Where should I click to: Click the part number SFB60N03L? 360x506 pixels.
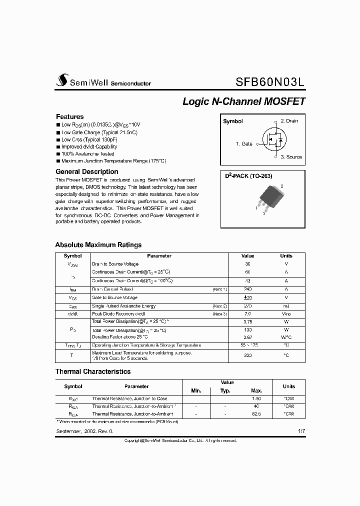point(270,81)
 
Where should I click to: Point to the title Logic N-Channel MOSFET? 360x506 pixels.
point(243,101)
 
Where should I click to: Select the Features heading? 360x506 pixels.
point(69,116)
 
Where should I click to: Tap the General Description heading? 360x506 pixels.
point(86,171)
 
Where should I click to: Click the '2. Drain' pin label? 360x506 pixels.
point(289,121)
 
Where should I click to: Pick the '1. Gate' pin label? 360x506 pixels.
point(244,143)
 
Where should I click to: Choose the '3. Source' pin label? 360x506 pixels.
point(291,157)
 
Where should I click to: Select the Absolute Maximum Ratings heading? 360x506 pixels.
point(98,245)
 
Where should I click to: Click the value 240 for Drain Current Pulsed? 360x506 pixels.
point(247,289)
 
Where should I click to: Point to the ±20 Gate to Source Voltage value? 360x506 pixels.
point(247,297)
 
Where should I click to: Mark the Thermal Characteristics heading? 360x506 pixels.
point(92,371)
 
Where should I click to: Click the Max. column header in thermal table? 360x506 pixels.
point(256,390)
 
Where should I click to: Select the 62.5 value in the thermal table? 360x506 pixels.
point(256,414)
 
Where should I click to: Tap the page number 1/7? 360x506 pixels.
point(300,430)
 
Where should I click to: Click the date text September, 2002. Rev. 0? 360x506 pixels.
point(84,430)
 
